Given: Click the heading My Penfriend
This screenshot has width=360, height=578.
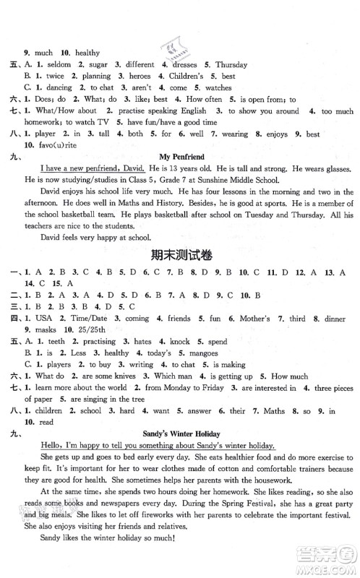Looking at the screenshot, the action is click(179, 153).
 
